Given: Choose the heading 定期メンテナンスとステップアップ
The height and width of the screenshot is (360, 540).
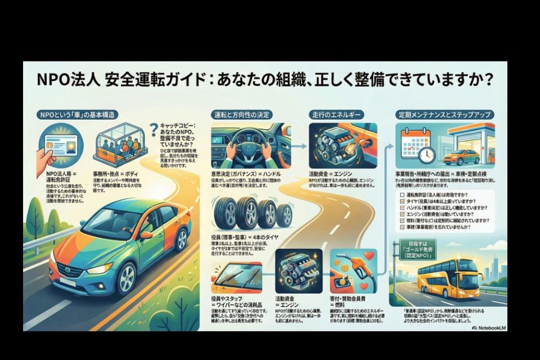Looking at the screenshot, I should (x=444, y=115).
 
